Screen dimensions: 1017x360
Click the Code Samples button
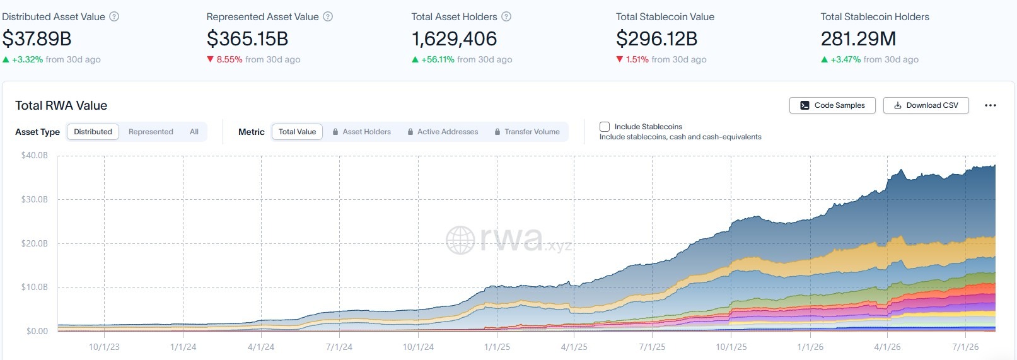pos(832,105)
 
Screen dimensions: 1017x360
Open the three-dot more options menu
pos(991,105)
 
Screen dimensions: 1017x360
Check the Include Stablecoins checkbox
pos(604,127)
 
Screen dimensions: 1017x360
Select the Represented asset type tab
pos(151,132)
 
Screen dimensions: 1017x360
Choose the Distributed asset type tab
pos(93,132)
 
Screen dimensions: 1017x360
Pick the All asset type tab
pos(194,132)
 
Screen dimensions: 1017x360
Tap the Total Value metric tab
pos(297,132)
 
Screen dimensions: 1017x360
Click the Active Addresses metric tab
pos(443,132)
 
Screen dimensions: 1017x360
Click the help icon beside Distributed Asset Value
pos(114,17)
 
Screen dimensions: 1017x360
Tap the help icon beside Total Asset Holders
pos(506,17)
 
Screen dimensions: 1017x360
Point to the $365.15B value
pos(247,38)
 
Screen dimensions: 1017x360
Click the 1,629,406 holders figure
pos(454,38)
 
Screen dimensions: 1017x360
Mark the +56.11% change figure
pos(438,59)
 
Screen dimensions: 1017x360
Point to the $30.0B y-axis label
pos(35,199)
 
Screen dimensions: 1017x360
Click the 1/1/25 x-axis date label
pos(497,347)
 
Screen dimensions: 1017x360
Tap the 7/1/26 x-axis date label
pos(965,347)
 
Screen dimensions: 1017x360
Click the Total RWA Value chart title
pos(61,105)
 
